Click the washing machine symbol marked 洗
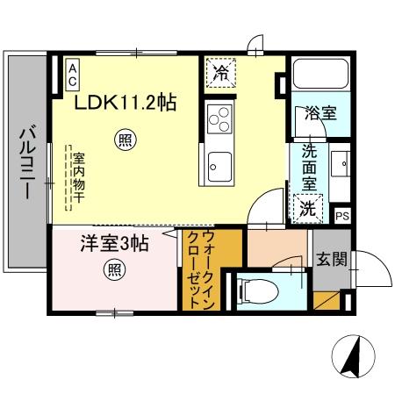click(307, 208)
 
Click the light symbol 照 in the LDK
click(126, 138)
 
